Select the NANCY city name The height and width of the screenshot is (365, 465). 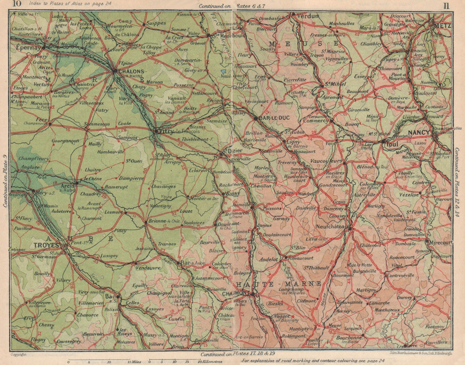(x=419, y=133)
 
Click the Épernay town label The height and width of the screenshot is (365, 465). (x=24, y=49)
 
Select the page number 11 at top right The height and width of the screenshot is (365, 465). (x=446, y=6)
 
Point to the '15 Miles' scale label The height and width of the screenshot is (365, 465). (x=134, y=362)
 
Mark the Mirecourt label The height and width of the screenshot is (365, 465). (x=441, y=242)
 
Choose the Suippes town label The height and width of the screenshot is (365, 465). (x=156, y=23)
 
